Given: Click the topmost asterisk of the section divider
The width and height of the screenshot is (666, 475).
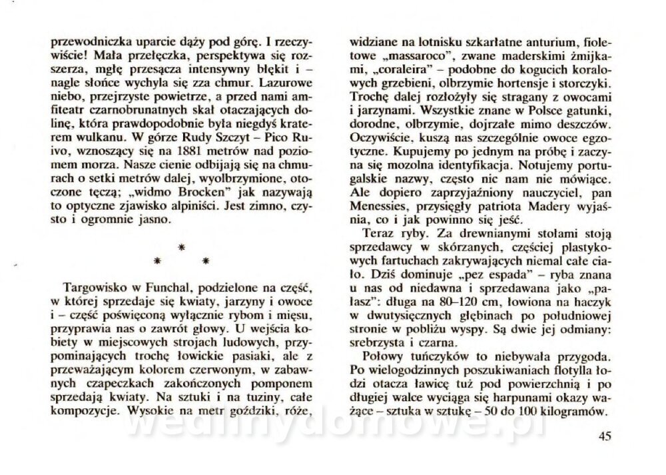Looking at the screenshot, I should (x=180, y=247).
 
